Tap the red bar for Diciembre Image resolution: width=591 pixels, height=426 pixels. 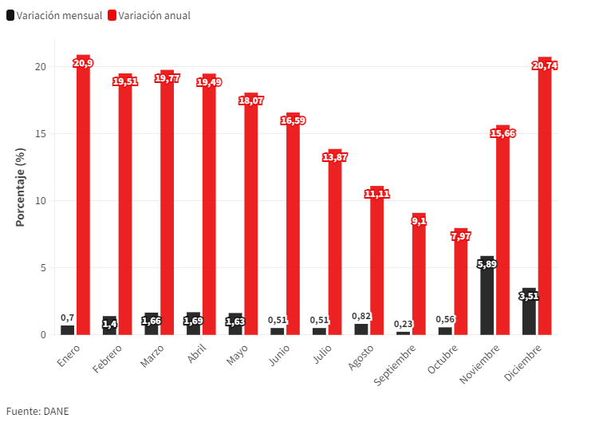545,199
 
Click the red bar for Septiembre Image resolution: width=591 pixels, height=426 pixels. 419,275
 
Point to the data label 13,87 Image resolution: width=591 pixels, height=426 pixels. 335,157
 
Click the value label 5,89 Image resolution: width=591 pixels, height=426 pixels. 487,264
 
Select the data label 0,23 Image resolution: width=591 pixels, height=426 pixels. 403,324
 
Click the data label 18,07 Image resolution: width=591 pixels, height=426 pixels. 251,101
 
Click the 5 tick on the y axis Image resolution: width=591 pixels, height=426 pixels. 42,267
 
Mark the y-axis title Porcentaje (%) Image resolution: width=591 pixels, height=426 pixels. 21,187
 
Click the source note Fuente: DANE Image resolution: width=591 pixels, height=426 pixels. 37,412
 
